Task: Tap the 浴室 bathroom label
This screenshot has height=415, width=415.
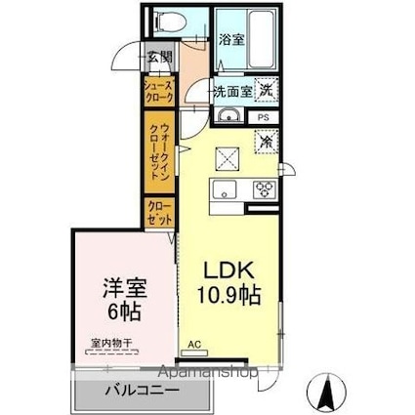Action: (231, 41)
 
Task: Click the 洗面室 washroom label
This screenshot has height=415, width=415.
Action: (233, 91)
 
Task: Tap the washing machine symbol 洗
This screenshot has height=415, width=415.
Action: (266, 89)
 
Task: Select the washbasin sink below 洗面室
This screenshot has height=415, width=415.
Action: (229, 118)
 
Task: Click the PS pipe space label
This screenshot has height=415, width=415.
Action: (265, 117)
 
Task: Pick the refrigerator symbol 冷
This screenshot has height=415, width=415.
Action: (266, 140)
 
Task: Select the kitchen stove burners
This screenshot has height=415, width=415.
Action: (263, 189)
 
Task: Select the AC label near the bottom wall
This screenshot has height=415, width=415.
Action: (195, 345)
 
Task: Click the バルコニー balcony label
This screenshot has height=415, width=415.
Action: (143, 393)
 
